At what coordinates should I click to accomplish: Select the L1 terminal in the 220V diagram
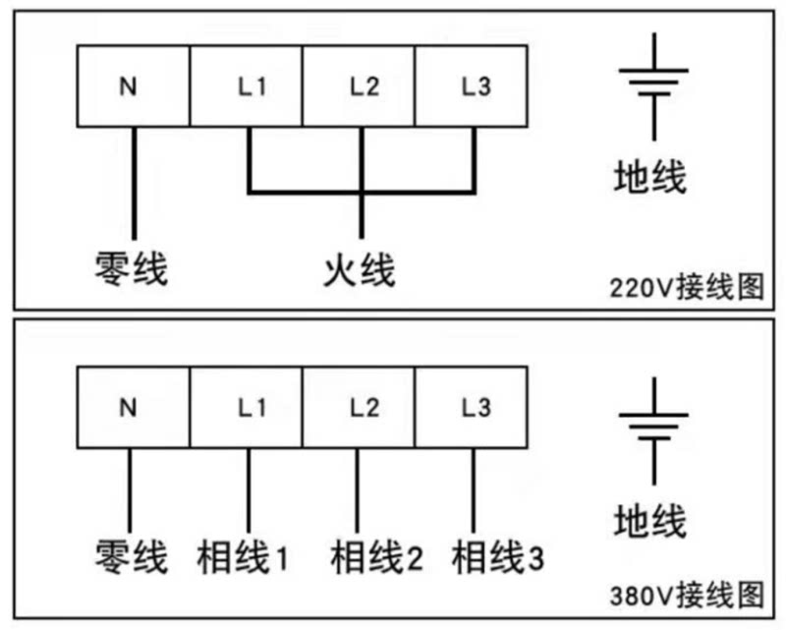[246, 86]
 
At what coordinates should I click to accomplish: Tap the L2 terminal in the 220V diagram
[359, 86]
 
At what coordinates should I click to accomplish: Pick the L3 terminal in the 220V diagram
[473, 86]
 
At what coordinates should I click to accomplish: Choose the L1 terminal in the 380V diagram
[246, 407]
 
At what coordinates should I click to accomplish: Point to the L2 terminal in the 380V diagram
[359, 407]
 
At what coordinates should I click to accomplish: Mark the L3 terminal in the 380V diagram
[473, 407]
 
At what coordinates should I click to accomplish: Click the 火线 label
[360, 268]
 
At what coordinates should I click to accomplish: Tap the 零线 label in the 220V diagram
[131, 268]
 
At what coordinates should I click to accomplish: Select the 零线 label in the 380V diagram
[131, 557]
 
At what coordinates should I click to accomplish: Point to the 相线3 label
[497, 558]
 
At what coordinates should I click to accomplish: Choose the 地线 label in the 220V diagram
[649, 178]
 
